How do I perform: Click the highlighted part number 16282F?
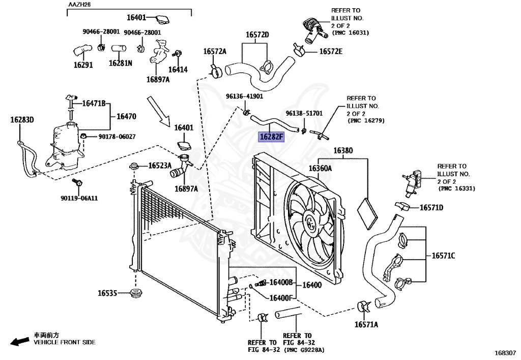pyautogui.click(x=272, y=137)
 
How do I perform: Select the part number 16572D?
pyautogui.click(x=257, y=35)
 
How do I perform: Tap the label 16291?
pyautogui.click(x=83, y=65)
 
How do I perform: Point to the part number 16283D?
pyautogui.click(x=22, y=120)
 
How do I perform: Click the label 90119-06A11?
pyautogui.click(x=80, y=198)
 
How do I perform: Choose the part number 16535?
pyautogui.click(x=108, y=293)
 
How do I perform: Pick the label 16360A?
pyautogui.click(x=320, y=169)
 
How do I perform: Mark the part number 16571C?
pyautogui.click(x=444, y=256)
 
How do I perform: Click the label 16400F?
pyautogui.click(x=281, y=298)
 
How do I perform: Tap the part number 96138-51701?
pyautogui.click(x=304, y=114)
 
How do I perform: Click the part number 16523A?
pyautogui.click(x=160, y=166)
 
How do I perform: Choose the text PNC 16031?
pyautogui.click(x=351, y=33)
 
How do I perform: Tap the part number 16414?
pyautogui.click(x=178, y=70)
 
